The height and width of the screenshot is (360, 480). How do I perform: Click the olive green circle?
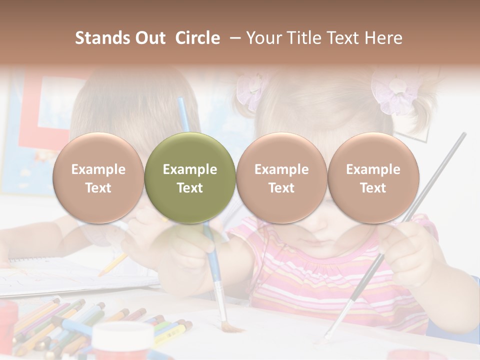(x=189, y=177)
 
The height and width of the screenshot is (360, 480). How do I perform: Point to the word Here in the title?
(x=384, y=38)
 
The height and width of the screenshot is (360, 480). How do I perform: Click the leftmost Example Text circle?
(x=98, y=177)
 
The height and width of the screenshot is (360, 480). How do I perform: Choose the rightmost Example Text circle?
(x=373, y=177)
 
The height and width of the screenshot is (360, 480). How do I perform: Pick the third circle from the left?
(x=281, y=177)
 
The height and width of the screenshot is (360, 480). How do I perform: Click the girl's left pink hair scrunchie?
(x=251, y=90)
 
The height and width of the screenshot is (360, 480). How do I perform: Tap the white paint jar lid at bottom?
(x=123, y=333)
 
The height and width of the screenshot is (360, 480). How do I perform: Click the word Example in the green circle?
(x=189, y=169)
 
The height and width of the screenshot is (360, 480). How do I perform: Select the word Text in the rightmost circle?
(x=373, y=188)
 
